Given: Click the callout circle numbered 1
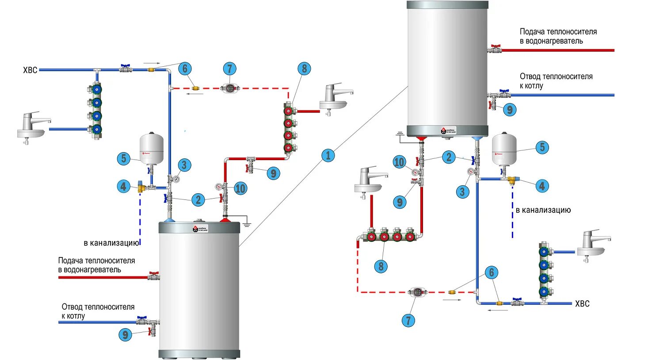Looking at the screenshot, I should (x=328, y=155).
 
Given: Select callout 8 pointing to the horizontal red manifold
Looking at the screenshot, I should (x=381, y=266).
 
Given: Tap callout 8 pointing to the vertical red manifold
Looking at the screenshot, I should (x=304, y=69).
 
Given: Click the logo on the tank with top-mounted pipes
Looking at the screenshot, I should (x=199, y=229).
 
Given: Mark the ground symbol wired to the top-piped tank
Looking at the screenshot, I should (x=247, y=225).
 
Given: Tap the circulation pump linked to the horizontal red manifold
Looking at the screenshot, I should (x=417, y=292).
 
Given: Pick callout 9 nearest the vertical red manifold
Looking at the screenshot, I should (x=273, y=173).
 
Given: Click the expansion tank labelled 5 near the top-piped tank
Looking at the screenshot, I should (x=152, y=148).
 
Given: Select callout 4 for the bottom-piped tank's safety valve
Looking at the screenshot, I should (x=542, y=186).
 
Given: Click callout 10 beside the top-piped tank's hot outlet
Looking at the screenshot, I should (x=240, y=189).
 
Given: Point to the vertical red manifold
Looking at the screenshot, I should (x=289, y=129).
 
